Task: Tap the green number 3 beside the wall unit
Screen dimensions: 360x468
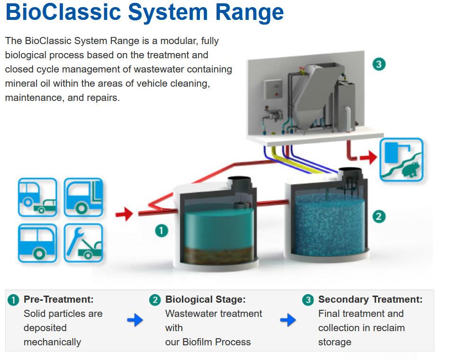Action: [x=378, y=64]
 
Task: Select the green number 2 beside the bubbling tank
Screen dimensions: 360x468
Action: [x=378, y=216]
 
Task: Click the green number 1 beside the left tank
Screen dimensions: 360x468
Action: [x=162, y=231]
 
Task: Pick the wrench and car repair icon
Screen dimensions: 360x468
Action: [x=83, y=243]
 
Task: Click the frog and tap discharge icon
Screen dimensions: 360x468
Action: [x=401, y=160]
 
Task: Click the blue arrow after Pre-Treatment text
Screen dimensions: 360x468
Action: [x=135, y=321]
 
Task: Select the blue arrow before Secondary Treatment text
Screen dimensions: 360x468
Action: [x=288, y=321]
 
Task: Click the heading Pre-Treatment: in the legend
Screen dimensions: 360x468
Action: [x=58, y=299]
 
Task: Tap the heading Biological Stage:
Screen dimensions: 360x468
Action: [x=205, y=299]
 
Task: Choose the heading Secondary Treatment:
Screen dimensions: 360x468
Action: [x=370, y=299]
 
